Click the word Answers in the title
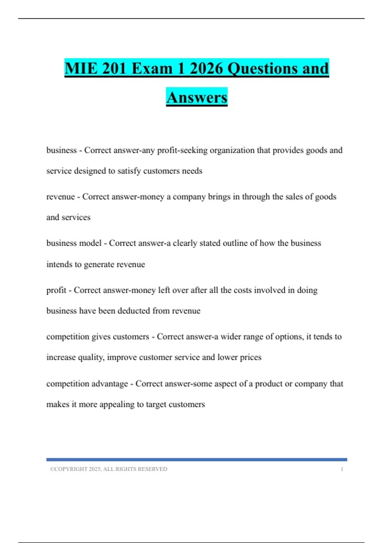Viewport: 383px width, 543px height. (x=197, y=97)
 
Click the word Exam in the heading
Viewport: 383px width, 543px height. (x=152, y=69)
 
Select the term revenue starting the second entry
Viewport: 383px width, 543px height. (x=61, y=197)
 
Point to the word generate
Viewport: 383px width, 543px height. (x=99, y=264)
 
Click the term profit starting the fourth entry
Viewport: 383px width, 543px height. (x=56, y=290)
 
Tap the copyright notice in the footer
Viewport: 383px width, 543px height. (x=109, y=469)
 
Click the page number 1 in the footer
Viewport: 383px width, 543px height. (x=342, y=469)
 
